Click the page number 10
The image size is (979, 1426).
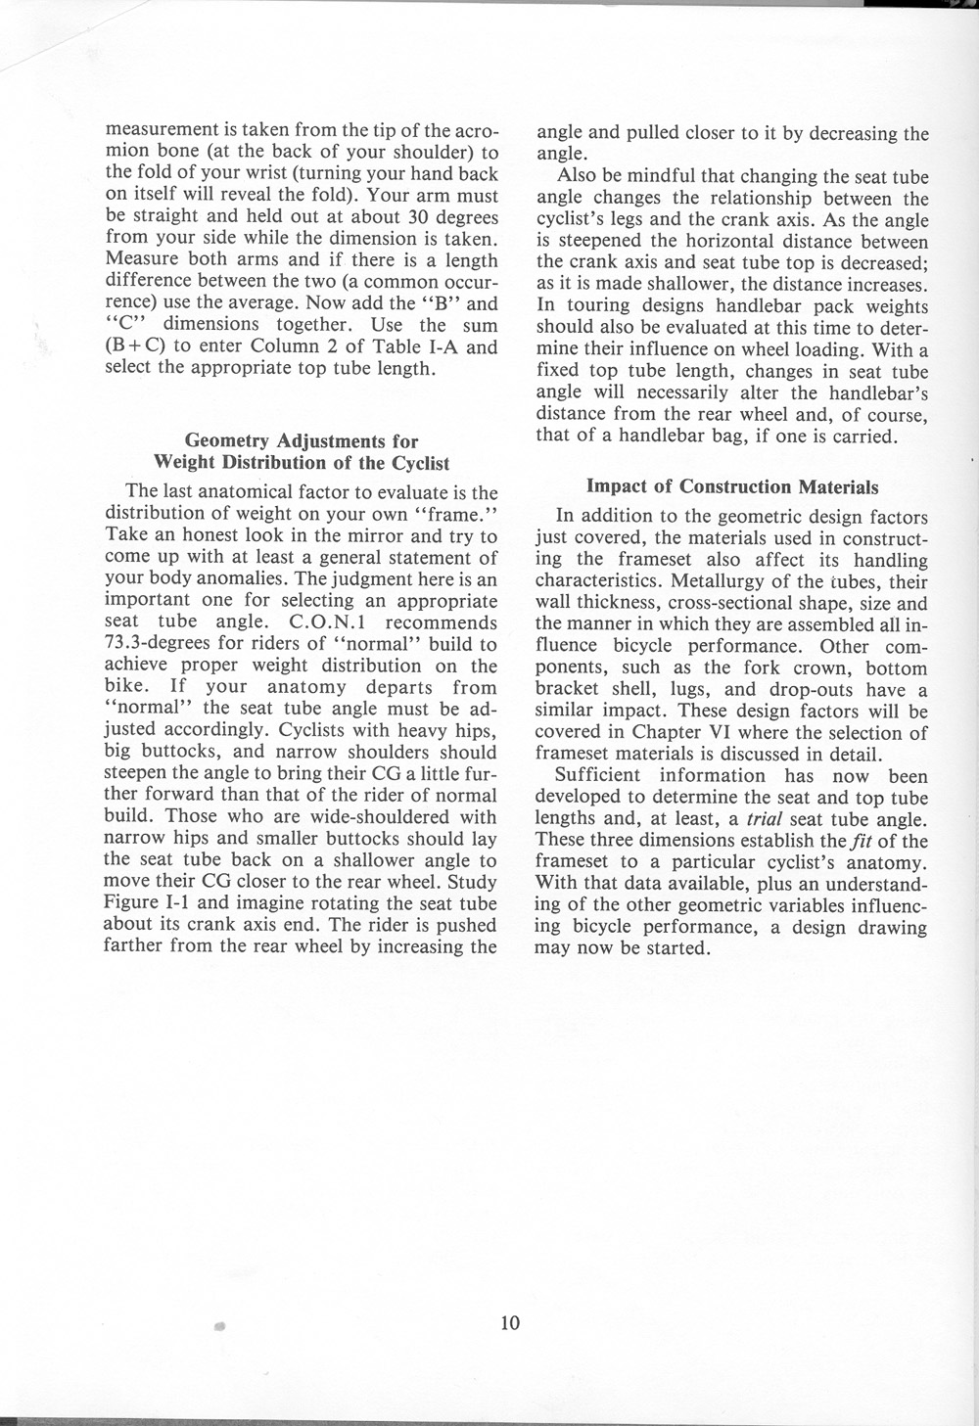[509, 1323]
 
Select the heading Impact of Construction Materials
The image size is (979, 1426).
[731, 486]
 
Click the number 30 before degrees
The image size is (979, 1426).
[406, 217]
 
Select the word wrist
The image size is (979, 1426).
[250, 174]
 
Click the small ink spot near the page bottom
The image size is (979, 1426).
[220, 1328]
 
